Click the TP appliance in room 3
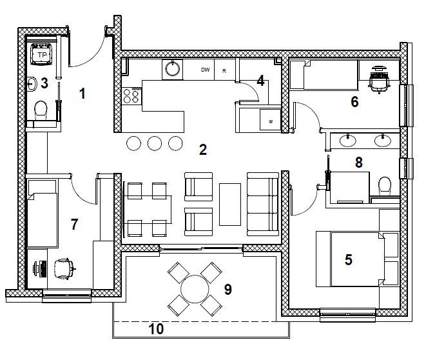click(x=41, y=54)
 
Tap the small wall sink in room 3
click(x=32, y=84)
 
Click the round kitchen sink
click(x=172, y=69)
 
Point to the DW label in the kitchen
click(x=206, y=70)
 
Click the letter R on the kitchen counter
click(x=224, y=71)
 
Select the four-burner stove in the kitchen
click(x=131, y=95)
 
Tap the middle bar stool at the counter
click(x=155, y=143)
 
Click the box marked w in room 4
click(x=270, y=119)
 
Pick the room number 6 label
click(x=354, y=102)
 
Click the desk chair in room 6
click(x=379, y=79)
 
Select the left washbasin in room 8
click(x=348, y=140)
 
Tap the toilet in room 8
click(x=385, y=186)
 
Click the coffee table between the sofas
click(x=230, y=205)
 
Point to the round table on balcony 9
click(x=195, y=289)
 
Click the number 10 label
click(x=156, y=329)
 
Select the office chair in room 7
click(x=64, y=268)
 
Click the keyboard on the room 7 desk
click(x=43, y=269)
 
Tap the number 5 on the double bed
click(x=349, y=259)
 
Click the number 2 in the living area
click(x=203, y=150)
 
